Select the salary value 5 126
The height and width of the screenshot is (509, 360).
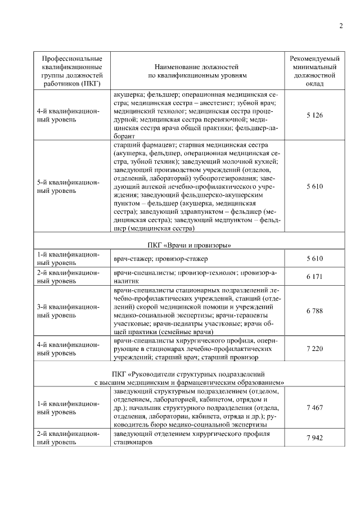pos(314,115)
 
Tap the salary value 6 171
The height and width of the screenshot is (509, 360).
pos(314,277)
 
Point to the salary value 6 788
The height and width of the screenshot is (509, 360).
pos(314,310)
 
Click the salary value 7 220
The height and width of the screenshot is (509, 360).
pos(314,349)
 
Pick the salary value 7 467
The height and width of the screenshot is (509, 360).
pos(314,407)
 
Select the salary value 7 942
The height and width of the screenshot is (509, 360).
pos(314,438)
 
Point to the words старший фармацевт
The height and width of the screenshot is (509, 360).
pos(141,145)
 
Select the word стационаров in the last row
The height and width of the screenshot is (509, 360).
pos(133,442)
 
